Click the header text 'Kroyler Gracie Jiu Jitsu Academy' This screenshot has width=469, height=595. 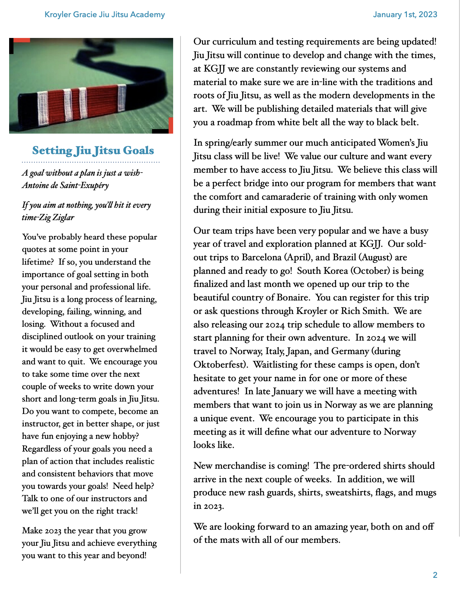click(x=104, y=15)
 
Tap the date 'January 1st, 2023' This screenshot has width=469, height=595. click(x=405, y=15)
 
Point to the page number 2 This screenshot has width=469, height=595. click(x=435, y=575)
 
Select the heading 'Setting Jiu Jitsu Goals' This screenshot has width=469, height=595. click(x=93, y=150)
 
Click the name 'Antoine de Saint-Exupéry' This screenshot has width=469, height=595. click(x=65, y=185)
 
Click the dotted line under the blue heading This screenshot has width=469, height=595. click(x=91, y=162)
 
